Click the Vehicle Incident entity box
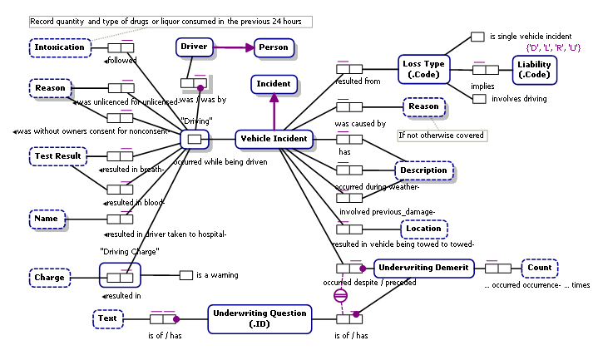(x=273, y=138)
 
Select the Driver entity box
(x=194, y=47)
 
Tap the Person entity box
(x=274, y=47)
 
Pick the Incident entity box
(x=273, y=84)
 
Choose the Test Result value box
(x=58, y=155)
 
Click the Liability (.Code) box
(x=534, y=70)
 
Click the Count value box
(x=540, y=268)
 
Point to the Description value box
(x=424, y=170)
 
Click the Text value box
(x=106, y=318)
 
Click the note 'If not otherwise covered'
(x=441, y=135)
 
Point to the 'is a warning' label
(x=216, y=275)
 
